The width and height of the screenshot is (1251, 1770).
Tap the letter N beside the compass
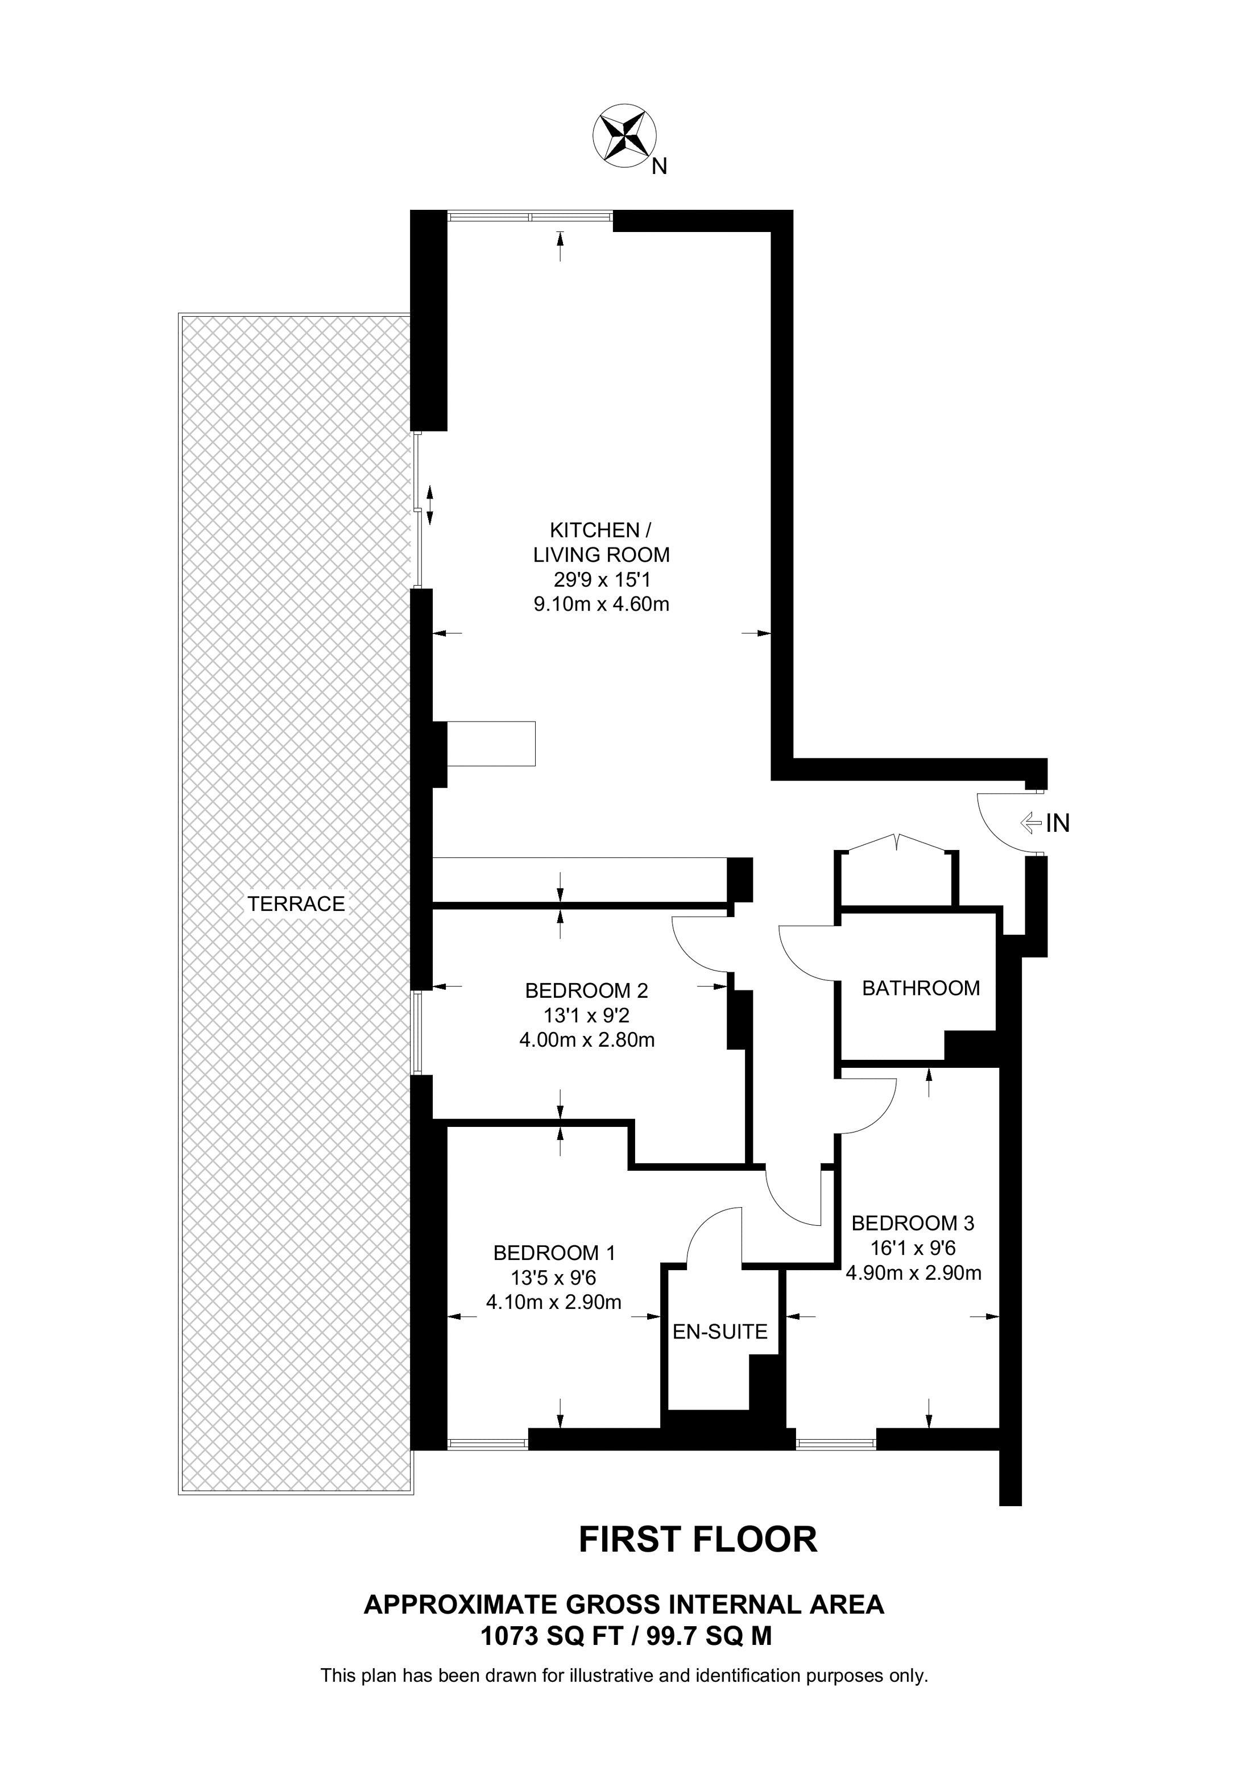659,167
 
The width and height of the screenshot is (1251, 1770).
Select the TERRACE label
296,903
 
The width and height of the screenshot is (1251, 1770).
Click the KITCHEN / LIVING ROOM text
601,542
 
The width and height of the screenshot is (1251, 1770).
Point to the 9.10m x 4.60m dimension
601,604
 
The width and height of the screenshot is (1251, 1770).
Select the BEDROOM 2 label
587,990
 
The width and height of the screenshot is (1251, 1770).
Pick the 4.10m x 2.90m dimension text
553,1302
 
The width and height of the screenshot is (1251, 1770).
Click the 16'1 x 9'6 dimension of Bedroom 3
913,1248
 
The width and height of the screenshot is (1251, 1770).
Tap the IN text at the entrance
1058,823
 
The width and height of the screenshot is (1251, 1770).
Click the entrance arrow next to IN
1030,823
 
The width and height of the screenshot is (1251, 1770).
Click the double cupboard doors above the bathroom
896,844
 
